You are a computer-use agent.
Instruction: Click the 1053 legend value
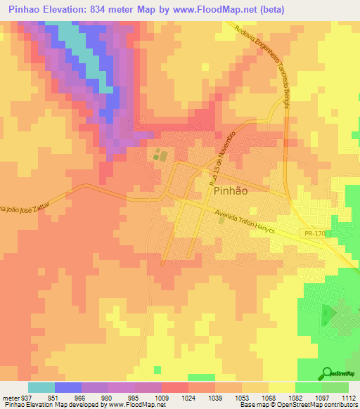click(243, 398)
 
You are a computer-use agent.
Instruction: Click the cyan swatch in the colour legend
click(41, 388)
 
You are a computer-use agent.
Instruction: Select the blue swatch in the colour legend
click(67, 388)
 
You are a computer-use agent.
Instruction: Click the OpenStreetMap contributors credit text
click(316, 405)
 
